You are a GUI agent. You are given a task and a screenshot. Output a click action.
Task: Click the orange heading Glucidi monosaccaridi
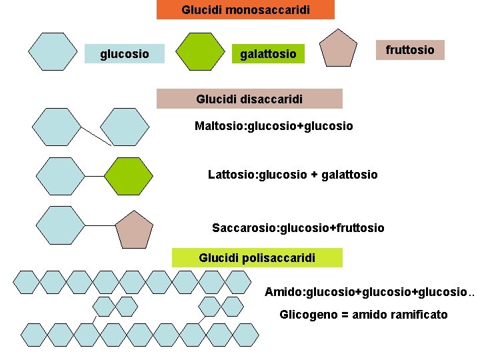point(245,10)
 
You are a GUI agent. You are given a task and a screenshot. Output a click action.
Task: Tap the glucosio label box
point(125,53)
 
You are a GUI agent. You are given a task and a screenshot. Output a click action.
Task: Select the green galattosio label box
point(268,53)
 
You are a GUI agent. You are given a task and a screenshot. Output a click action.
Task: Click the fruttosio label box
point(410,49)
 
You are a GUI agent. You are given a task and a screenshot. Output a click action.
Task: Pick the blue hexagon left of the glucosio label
point(54,50)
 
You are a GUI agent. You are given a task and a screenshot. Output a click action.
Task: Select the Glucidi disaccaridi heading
point(249,99)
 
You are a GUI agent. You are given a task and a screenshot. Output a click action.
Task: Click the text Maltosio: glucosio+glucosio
point(273,125)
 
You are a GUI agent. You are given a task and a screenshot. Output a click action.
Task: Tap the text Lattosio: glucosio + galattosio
point(293,175)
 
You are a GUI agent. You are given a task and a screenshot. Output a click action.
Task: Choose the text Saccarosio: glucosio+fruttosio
point(298,228)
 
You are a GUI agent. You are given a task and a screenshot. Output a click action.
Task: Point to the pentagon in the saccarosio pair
point(134,229)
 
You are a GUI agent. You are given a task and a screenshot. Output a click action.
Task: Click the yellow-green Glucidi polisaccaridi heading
point(257,258)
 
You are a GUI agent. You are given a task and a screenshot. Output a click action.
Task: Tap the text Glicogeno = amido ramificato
point(363,314)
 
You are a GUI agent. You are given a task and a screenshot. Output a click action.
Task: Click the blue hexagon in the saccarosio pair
point(61,225)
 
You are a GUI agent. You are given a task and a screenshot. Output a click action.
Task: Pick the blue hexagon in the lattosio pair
point(61,176)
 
